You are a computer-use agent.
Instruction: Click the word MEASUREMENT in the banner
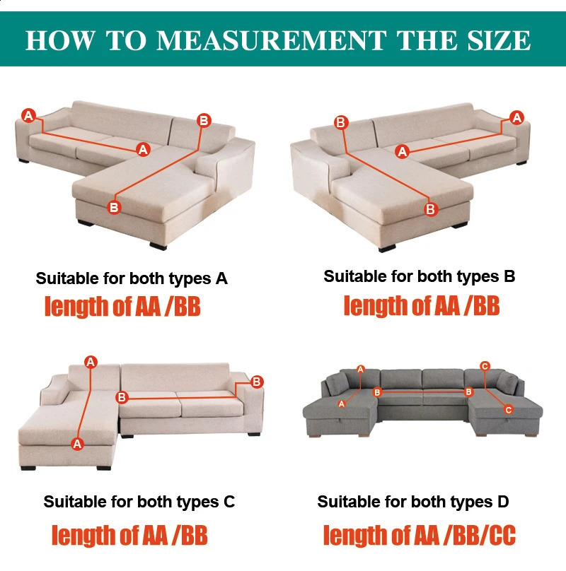coord(272,40)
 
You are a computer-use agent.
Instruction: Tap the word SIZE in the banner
coord(499,40)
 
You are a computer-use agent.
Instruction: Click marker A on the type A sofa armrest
coord(28,116)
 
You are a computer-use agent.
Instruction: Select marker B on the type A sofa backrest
coord(204,121)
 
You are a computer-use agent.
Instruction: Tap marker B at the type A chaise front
coord(114,207)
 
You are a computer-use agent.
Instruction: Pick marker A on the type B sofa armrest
coord(516,117)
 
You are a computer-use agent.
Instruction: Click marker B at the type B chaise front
coord(431,209)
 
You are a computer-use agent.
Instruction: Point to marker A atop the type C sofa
coord(91,362)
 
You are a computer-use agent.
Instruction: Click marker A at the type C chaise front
coord(77,444)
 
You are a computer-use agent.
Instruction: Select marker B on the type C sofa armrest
coord(257,382)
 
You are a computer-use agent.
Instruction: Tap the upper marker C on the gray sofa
coord(485,366)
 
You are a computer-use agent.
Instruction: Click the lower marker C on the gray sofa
coord(509,410)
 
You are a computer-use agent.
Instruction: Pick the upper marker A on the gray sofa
coord(361,370)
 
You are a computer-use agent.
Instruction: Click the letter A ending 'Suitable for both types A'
coord(221,279)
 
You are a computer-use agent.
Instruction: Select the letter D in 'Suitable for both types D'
coord(503,502)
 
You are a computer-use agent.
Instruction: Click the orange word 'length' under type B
coord(376,306)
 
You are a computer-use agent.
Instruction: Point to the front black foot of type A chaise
coord(158,246)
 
